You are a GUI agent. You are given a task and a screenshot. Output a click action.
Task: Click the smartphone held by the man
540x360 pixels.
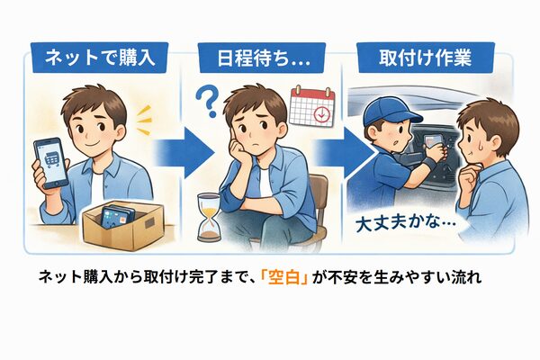pos(49,161)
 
